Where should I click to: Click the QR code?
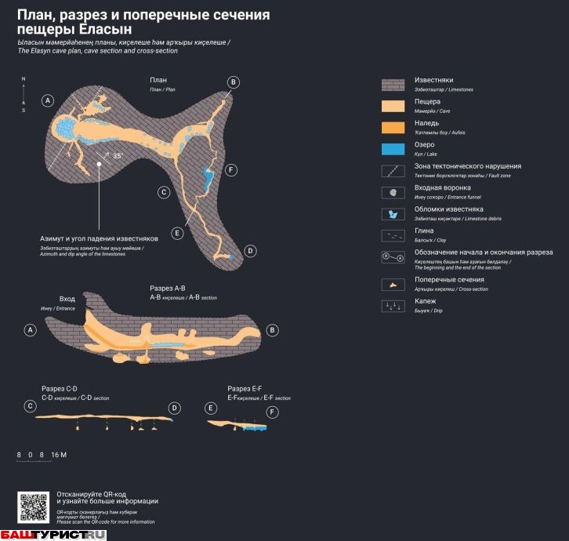[x=33, y=507]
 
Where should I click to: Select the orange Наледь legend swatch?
[x=392, y=127]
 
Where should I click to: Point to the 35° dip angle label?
[x=118, y=156]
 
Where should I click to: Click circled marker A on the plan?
[x=48, y=100]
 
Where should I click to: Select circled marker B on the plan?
[x=233, y=82]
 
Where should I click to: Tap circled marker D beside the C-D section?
[x=175, y=408]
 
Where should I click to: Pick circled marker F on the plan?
[x=230, y=170]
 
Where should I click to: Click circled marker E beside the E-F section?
[x=211, y=408]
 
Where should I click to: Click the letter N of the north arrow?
[x=24, y=79]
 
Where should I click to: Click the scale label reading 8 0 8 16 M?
[x=42, y=455]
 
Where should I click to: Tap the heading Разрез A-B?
[x=167, y=289]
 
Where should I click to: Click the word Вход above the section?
[x=67, y=299]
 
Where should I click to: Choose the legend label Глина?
[x=424, y=231]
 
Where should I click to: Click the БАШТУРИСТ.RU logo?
[x=53, y=535]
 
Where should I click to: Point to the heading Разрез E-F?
[x=245, y=389]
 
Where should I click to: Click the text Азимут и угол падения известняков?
[x=99, y=238]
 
